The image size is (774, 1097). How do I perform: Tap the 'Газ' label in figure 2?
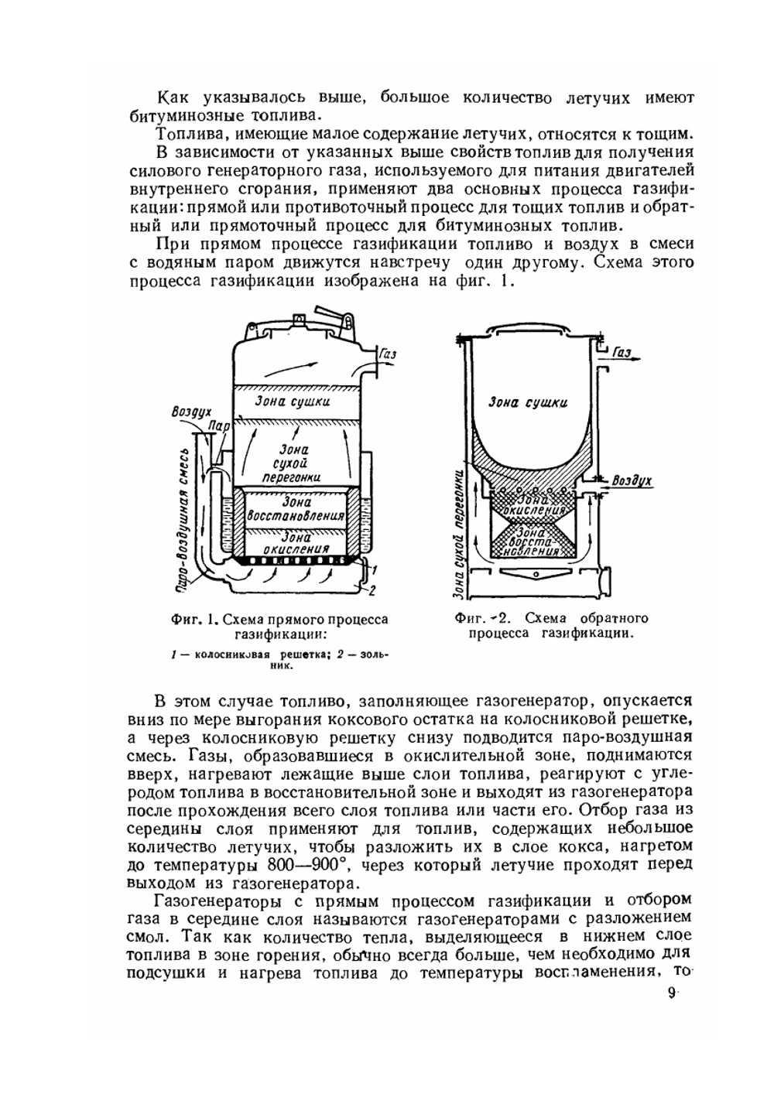(x=622, y=353)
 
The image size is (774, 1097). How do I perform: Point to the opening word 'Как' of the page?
(x=170, y=98)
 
